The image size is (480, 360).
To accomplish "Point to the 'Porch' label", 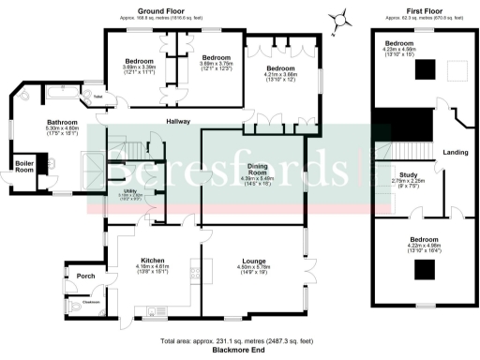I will (x=86, y=276).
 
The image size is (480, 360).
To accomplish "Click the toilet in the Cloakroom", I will (x=75, y=305).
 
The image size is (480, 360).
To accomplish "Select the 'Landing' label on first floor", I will (x=457, y=153).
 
